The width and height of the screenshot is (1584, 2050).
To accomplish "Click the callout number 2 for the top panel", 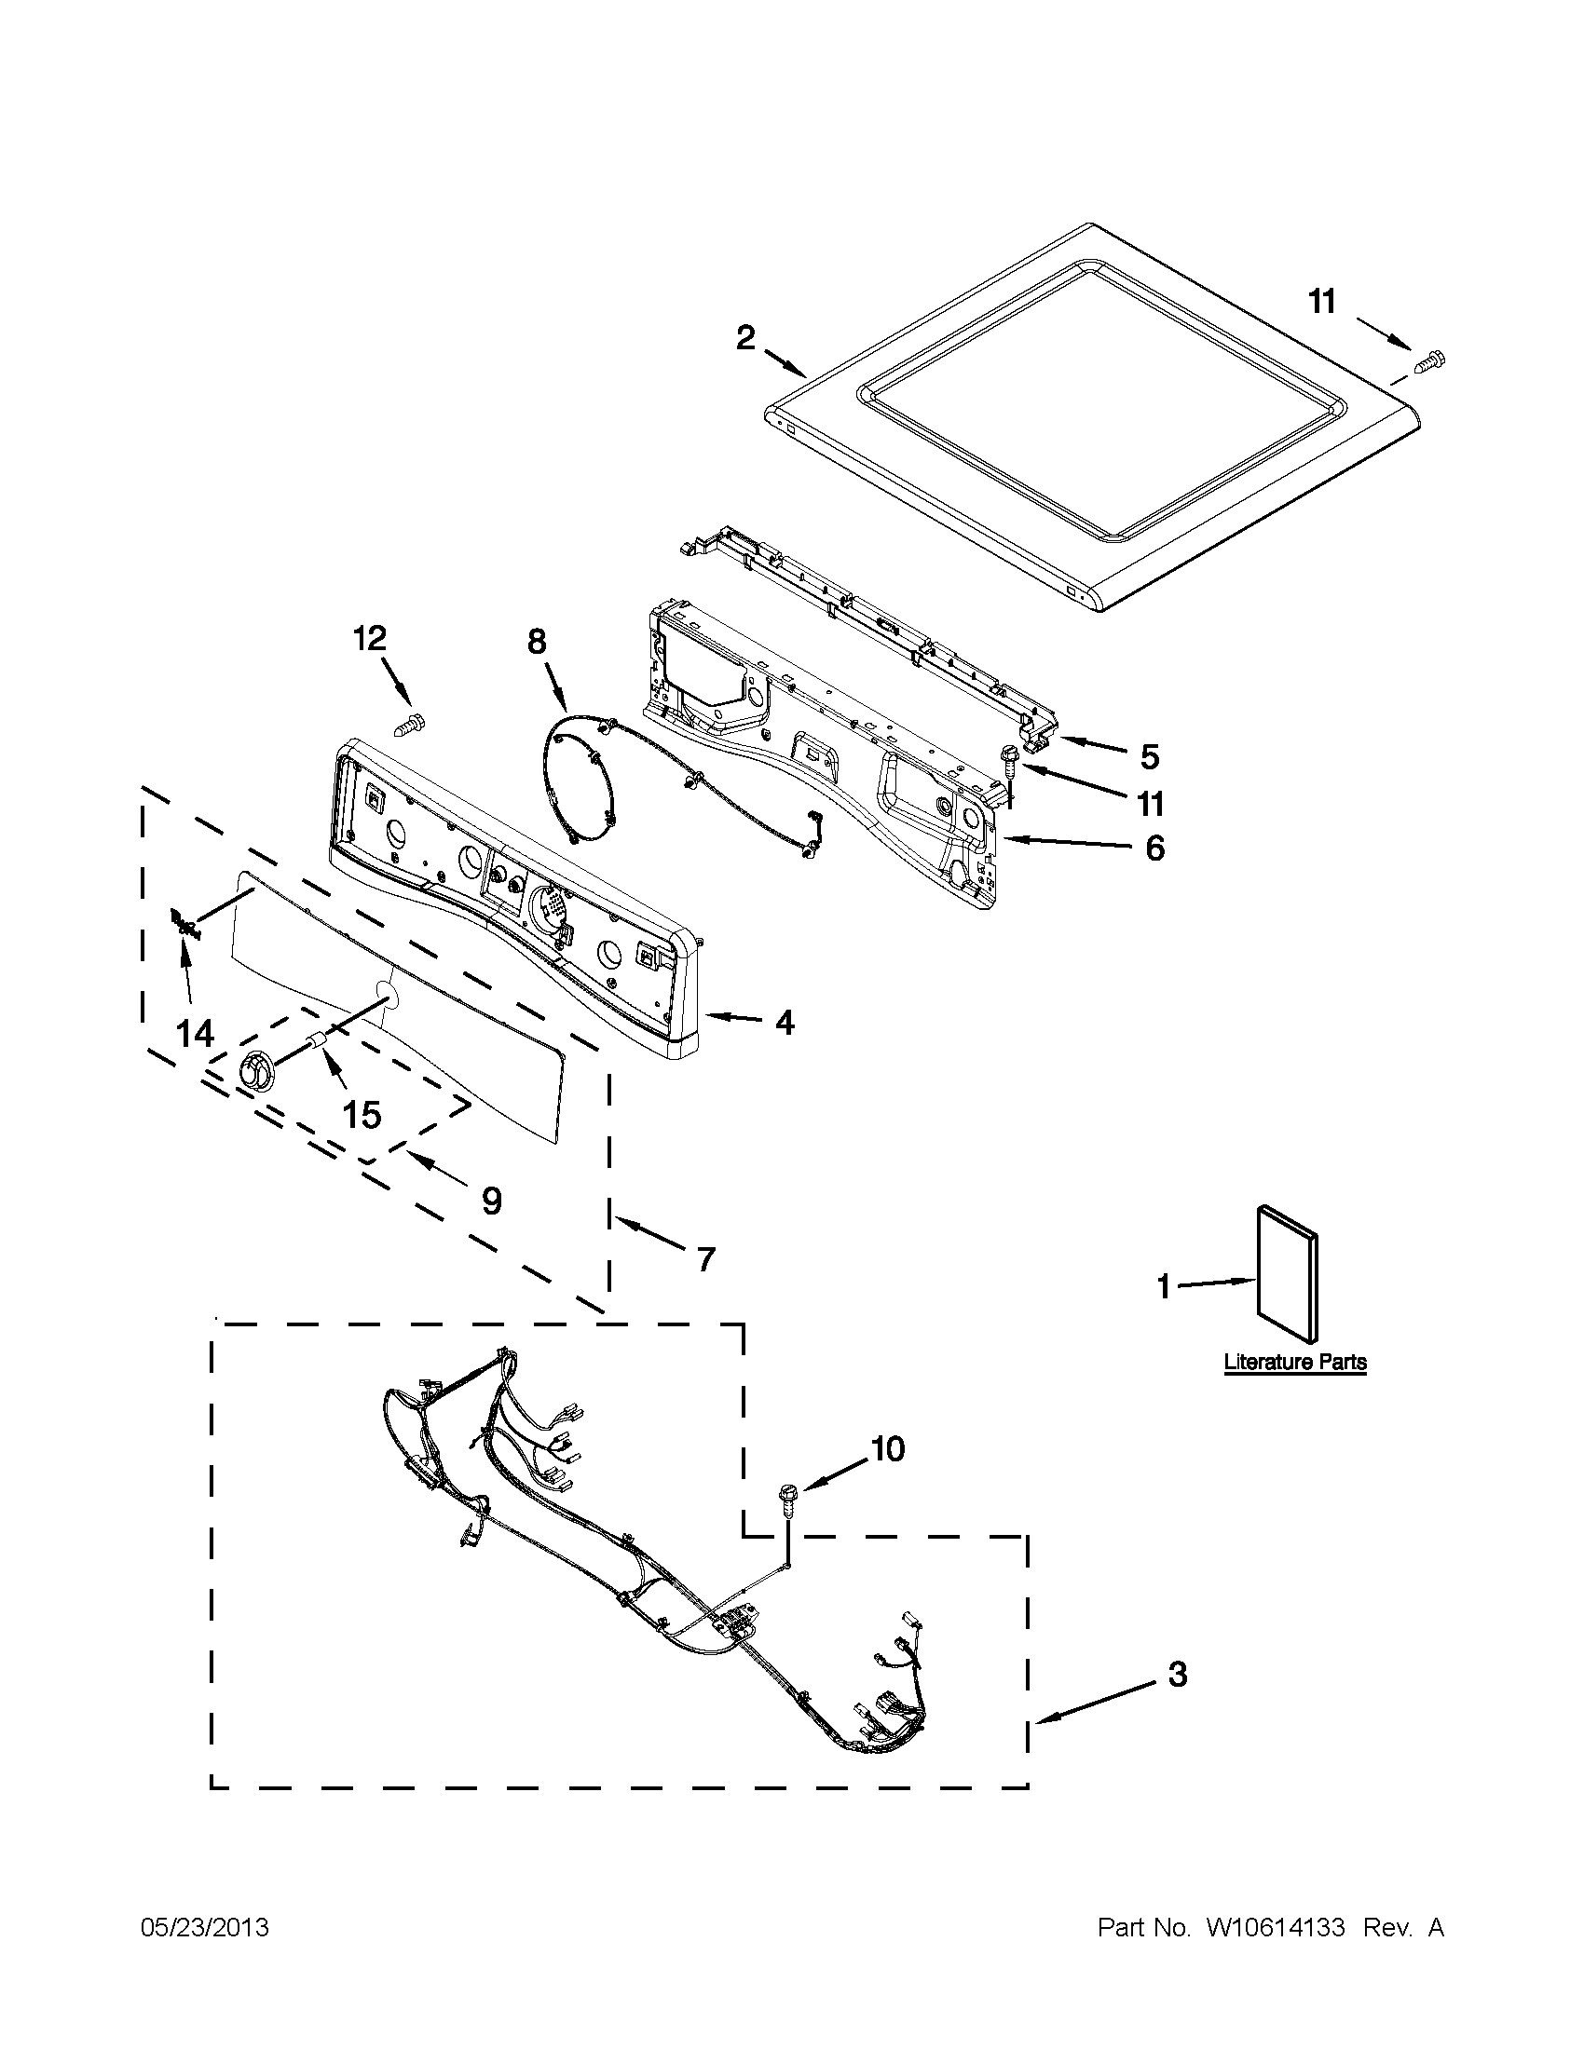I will pyautogui.click(x=744, y=338).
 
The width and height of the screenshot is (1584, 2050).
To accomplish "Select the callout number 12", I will pyautogui.click(x=370, y=639).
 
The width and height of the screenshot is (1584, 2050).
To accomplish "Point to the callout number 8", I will pyautogui.click(x=535, y=642).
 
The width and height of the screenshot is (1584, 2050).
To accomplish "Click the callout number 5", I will pyautogui.click(x=1149, y=755).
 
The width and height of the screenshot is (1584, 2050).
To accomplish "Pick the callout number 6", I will pyautogui.click(x=1154, y=849).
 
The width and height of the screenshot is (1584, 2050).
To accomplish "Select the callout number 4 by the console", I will pyautogui.click(x=784, y=1022).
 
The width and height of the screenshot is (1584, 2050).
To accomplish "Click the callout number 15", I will pyautogui.click(x=362, y=1115).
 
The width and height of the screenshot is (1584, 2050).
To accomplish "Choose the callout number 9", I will pyautogui.click(x=491, y=1201).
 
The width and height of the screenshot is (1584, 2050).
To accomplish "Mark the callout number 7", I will pyautogui.click(x=704, y=1258).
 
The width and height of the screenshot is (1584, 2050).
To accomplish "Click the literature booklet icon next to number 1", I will pyautogui.click(x=1288, y=1274).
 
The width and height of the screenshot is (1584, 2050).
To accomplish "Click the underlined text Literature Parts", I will pyautogui.click(x=1295, y=1362).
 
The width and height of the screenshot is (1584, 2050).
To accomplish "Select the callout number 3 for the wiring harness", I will pyautogui.click(x=1178, y=1674).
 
